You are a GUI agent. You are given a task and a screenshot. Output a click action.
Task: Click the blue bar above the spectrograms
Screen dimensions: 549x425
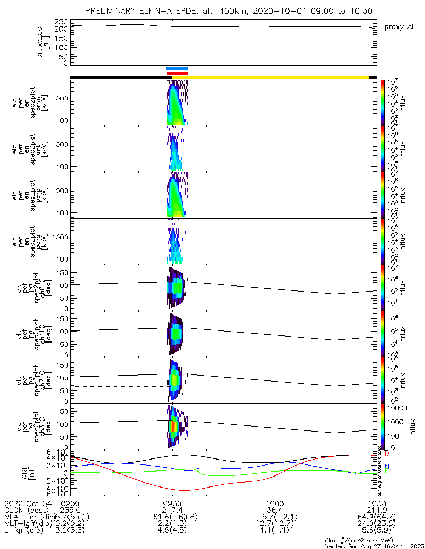177,69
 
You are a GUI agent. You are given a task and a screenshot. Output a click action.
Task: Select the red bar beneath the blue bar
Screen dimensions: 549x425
177,73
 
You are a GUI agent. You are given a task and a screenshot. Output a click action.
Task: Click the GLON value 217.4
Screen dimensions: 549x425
172,510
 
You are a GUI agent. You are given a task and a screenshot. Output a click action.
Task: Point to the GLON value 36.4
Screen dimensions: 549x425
274,510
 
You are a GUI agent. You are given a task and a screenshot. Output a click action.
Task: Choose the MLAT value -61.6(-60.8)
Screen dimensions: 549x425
172,517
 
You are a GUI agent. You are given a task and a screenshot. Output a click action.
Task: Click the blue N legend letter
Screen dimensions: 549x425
386,466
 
